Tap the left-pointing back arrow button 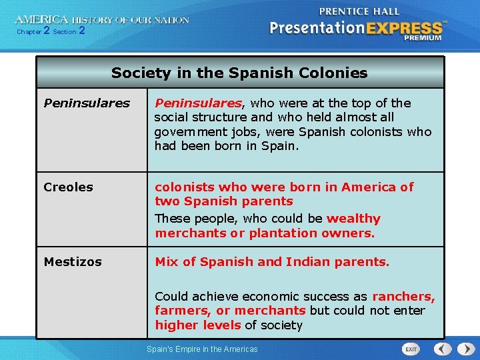[x=441, y=349]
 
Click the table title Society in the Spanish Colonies [x=239, y=73]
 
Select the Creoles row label [x=68, y=187]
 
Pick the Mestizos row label [x=73, y=262]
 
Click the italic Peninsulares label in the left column [x=87, y=103]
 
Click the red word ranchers [x=403, y=297]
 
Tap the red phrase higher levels [x=198, y=325]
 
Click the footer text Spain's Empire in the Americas [x=202, y=349]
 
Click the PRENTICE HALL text [x=359, y=11]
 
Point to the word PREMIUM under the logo [x=422, y=38]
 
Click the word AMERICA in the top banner [x=41, y=19]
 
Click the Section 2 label [x=69, y=31]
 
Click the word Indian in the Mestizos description [x=309, y=262]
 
